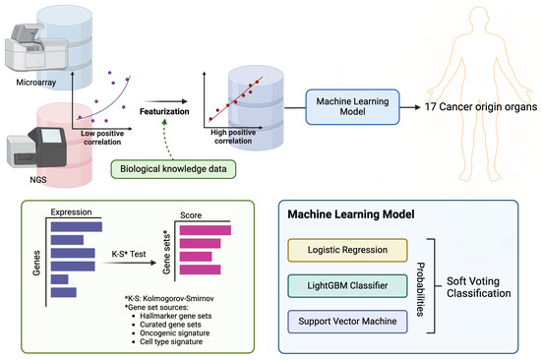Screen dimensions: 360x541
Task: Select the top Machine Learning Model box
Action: pyautogui.click(x=352, y=105)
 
